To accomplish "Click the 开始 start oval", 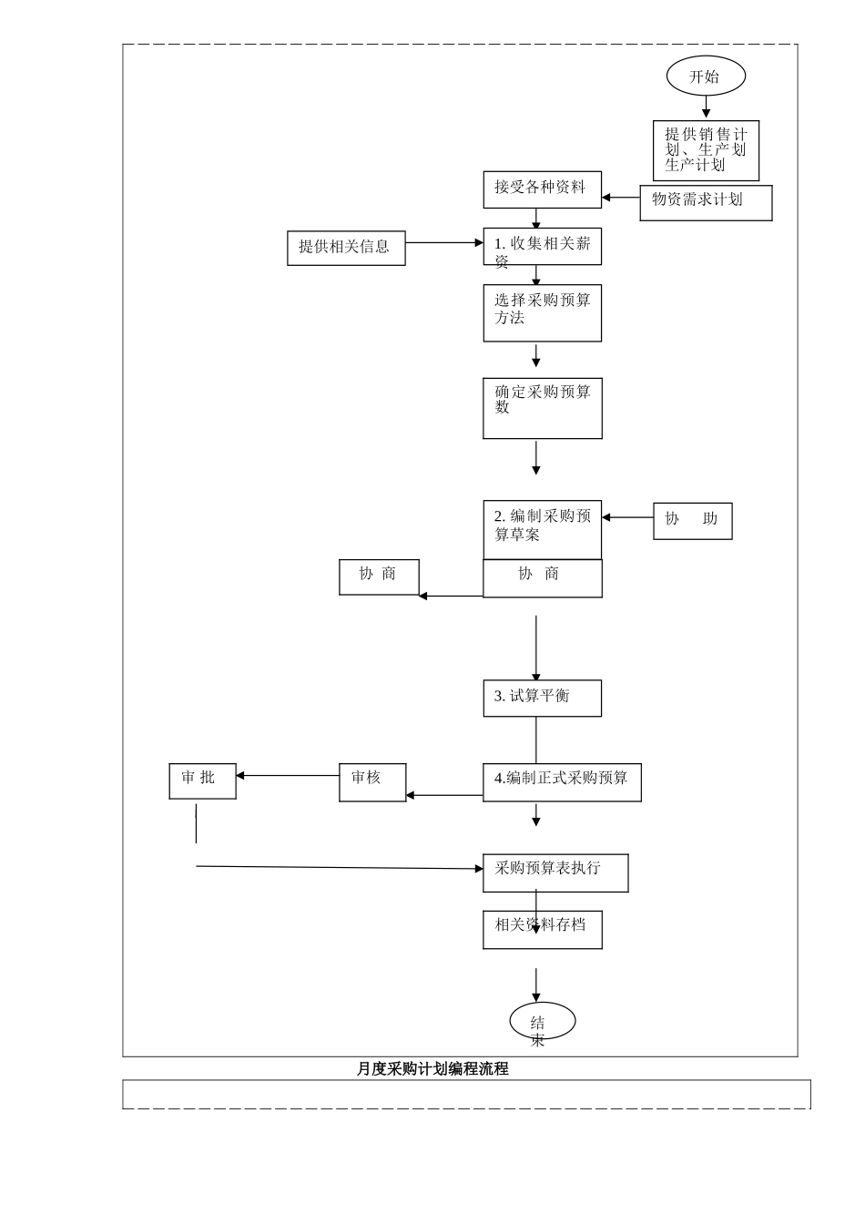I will (706, 76).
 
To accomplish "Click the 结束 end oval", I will (542, 1021).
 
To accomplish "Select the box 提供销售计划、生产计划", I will (706, 150).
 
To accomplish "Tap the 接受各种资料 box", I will (542, 189).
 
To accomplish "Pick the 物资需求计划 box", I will (706, 202).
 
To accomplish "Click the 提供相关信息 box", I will (346, 247).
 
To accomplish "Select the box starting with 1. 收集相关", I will (542, 247).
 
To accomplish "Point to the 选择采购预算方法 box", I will (542, 312).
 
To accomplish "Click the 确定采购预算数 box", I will (542, 408).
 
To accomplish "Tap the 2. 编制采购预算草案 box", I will (542, 529).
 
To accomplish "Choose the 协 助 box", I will (692, 521).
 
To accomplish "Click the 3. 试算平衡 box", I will (542, 698).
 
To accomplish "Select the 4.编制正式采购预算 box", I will (562, 782).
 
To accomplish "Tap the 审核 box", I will (372, 782).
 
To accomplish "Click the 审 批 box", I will (202, 780).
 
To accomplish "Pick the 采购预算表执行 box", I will (555, 872).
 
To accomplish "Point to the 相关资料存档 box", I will (542, 930).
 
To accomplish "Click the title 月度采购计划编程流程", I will (432, 1069).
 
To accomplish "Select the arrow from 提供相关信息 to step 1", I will (443, 243).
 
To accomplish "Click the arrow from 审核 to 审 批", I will (287, 776).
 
